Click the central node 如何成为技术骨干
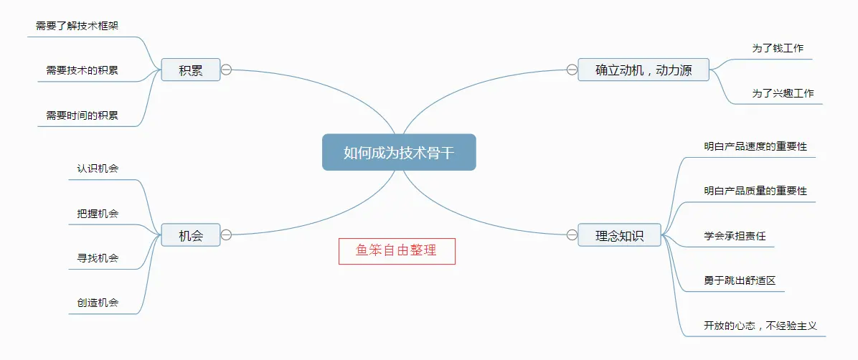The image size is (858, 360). coord(399,152)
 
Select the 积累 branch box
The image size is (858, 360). coord(190,70)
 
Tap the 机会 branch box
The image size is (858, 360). coord(190,235)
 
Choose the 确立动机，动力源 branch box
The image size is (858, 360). coord(643,70)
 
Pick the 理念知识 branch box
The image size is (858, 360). coord(620,235)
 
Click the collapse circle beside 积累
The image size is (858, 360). coord(226,70)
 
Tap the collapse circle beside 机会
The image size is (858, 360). coord(226,235)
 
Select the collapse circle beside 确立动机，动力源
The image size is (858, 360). coord(572,70)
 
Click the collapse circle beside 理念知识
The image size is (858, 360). coord(572,235)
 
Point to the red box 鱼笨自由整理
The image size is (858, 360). coord(397,251)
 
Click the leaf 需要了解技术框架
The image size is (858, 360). coord(77,26)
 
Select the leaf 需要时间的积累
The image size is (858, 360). coord(82,115)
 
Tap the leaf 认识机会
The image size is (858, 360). coord(98,169)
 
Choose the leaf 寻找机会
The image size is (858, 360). coord(98,257)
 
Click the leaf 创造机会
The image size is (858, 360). coord(98,302)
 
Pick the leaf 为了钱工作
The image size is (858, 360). coord(778,48)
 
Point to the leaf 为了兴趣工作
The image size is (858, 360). coord(783,93)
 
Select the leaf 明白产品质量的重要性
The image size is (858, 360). coord(755,190)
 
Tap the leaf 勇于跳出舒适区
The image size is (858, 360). coord(740,280)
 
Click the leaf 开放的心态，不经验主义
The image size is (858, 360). coord(760,325)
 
